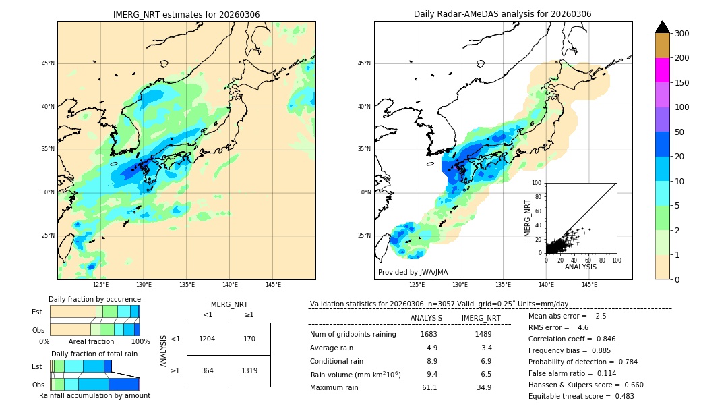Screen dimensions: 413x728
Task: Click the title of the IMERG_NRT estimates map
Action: [186, 14]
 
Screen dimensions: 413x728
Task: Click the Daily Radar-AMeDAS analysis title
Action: [502, 14]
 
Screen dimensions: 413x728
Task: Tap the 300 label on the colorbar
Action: [682, 34]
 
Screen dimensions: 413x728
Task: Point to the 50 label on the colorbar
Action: [680, 132]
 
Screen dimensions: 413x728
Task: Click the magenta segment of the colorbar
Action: [662, 70]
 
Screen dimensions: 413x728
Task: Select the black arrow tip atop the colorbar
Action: [662, 26]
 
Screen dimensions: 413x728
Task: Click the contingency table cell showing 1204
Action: [208, 339]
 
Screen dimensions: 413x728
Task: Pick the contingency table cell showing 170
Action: [249, 339]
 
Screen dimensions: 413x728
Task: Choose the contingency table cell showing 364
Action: [208, 370]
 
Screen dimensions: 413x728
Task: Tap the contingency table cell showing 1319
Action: [249, 370]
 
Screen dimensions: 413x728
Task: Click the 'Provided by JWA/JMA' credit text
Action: [413, 273]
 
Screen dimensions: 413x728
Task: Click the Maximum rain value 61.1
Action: [429, 387]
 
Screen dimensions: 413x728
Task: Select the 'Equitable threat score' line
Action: [581, 396]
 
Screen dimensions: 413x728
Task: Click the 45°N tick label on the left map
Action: [48, 63]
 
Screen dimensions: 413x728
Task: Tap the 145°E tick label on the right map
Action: [589, 285]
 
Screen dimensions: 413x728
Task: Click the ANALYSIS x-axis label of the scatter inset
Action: [580, 267]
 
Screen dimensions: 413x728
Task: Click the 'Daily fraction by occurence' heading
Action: [94, 299]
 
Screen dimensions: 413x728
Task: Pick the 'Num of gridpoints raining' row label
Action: [353, 334]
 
